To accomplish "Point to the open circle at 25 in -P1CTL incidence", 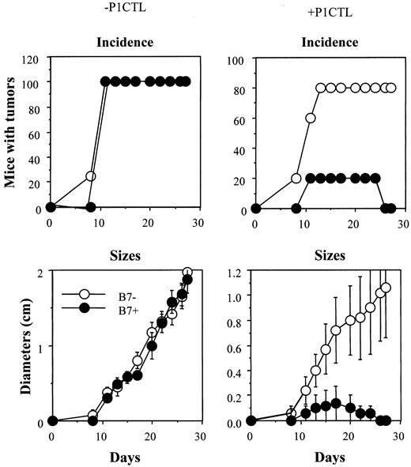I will point(90,176).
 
